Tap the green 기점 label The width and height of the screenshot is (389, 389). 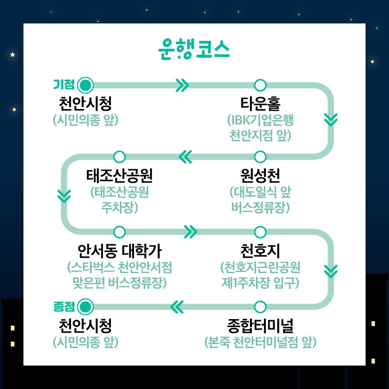click(63, 84)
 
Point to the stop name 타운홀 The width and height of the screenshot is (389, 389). click(260, 103)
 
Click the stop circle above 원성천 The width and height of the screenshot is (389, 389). click(260, 157)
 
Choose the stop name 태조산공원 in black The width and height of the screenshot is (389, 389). click(119, 175)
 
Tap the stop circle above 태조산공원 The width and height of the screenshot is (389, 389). click(119, 157)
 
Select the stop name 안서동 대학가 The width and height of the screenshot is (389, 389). click(119, 251)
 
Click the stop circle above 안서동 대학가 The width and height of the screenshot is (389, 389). click(119, 232)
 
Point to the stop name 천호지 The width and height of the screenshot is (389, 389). click(260, 251)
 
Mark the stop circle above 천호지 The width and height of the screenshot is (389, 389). click(260, 232)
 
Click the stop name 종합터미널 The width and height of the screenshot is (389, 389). click(260, 326)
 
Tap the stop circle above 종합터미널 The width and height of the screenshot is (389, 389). click(260, 306)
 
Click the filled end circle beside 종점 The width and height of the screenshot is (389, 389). click(85, 306)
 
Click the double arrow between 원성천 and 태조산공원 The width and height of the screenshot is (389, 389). click(185, 157)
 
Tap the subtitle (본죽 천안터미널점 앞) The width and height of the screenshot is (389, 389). click(260, 342)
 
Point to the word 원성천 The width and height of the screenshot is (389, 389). click(260, 175)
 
